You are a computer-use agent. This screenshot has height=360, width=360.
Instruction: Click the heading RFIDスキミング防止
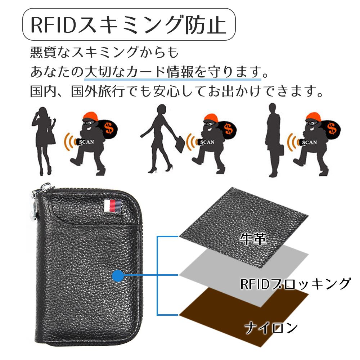[x=129, y=24]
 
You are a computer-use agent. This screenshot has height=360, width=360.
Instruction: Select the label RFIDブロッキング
[x=295, y=284]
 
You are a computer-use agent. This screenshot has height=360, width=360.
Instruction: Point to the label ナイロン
[x=271, y=328]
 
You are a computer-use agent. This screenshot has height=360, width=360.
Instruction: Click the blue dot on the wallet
[x=117, y=276]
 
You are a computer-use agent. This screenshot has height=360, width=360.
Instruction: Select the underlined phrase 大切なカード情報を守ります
[x=173, y=72]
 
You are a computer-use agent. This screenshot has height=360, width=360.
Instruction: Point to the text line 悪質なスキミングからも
[x=104, y=53]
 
